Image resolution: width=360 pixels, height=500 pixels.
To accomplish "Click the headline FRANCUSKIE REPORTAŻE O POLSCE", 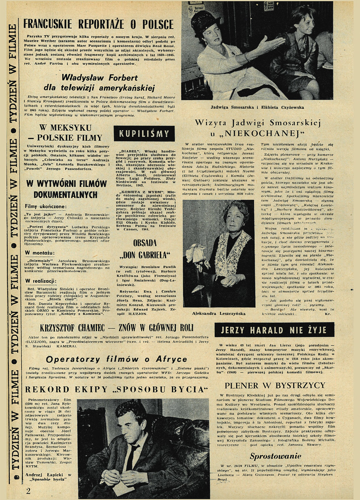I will [x=99, y=24].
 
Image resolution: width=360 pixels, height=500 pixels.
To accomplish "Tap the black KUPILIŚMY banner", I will [x=144, y=134].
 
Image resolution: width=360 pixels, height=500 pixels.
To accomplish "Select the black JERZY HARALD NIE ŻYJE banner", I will [x=274, y=330].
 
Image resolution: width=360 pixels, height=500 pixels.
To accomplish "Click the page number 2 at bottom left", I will [x=28, y=490].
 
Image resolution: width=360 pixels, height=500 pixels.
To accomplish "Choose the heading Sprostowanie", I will [x=275, y=456].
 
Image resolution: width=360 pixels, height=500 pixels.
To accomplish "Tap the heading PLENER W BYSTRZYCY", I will [x=275, y=385].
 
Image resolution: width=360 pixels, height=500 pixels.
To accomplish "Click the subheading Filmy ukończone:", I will [x=45, y=207].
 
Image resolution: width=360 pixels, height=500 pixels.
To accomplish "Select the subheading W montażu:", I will [x=40, y=253].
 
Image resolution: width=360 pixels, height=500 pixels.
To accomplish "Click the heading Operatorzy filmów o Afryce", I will [x=116, y=359].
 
